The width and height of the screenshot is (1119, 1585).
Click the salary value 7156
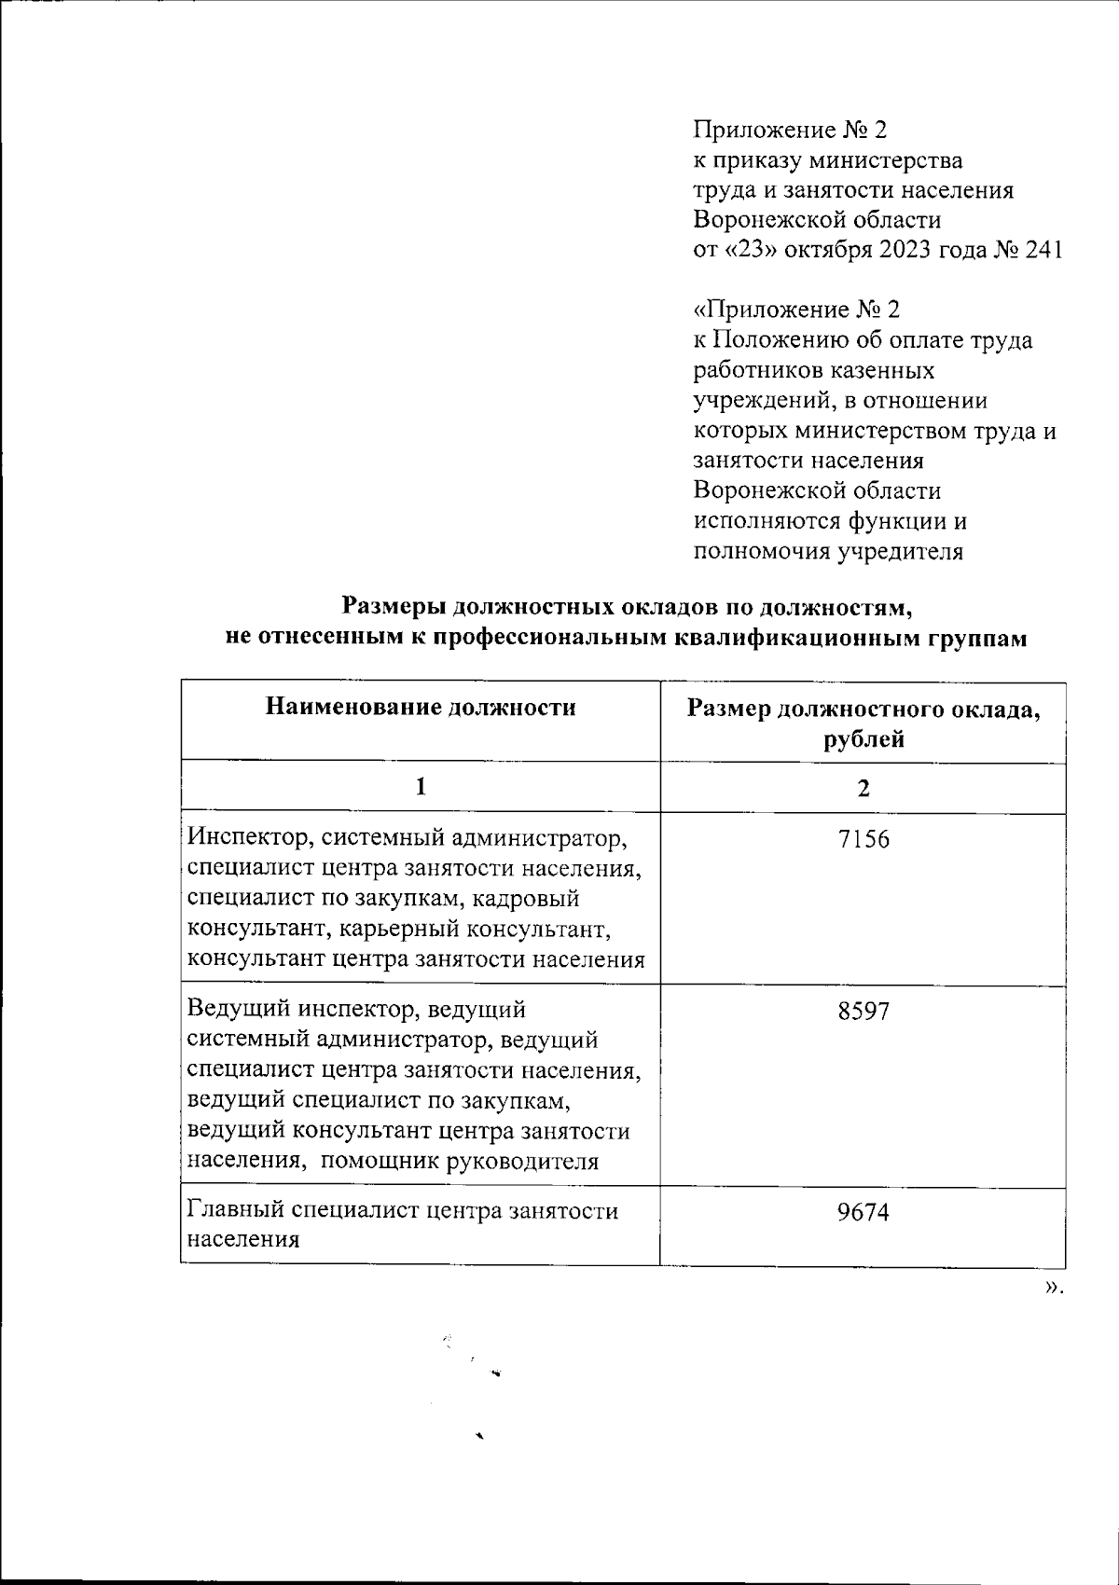(x=863, y=839)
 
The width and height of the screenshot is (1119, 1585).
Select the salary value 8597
(x=863, y=1011)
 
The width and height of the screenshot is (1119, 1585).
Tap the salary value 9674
(x=863, y=1212)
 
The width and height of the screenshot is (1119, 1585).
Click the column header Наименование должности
(x=421, y=707)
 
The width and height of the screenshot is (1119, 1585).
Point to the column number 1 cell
(x=421, y=787)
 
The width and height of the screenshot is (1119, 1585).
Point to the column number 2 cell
(x=863, y=789)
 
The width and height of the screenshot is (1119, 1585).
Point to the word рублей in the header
(x=863, y=740)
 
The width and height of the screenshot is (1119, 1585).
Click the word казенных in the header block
(x=876, y=371)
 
